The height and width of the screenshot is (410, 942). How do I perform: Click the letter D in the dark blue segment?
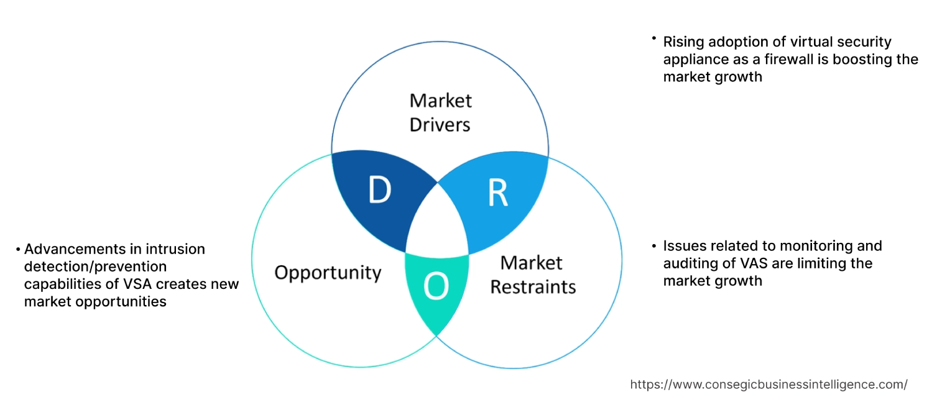coord(379,190)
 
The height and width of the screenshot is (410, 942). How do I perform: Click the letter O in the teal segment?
coord(436,286)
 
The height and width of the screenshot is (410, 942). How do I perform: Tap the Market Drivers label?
coord(440,112)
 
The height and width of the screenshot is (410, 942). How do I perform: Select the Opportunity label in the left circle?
coord(328,272)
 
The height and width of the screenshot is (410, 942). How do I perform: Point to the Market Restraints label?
coord(533,275)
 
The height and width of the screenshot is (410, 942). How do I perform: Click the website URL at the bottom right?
coord(769,385)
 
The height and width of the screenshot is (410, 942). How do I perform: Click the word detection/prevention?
coord(96,266)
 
